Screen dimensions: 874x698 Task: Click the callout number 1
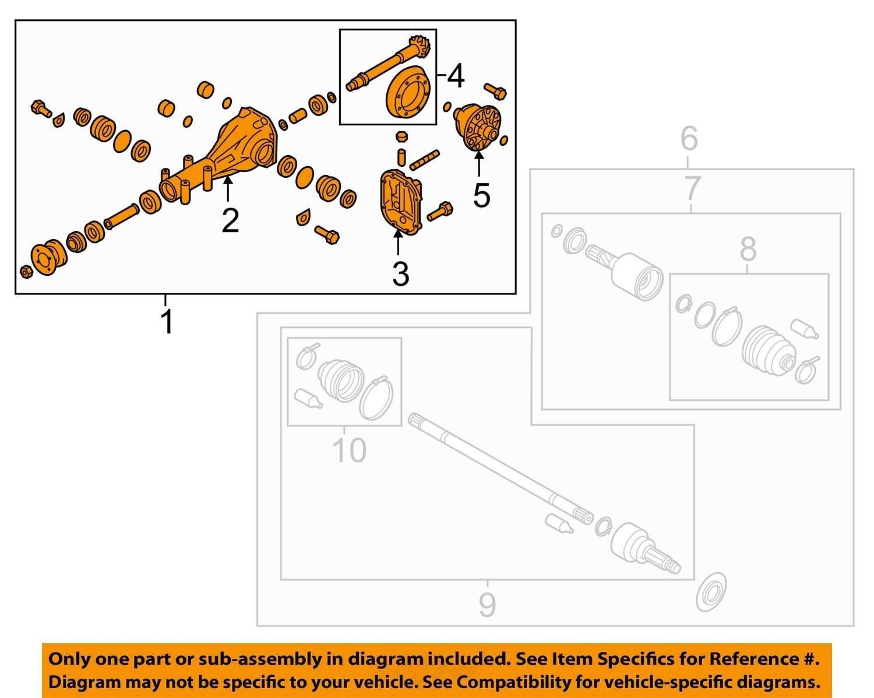click(x=167, y=321)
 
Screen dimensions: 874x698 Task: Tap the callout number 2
click(x=230, y=221)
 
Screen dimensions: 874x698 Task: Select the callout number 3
click(x=400, y=274)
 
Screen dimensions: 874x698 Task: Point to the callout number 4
click(x=456, y=76)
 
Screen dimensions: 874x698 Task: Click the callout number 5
click(x=482, y=195)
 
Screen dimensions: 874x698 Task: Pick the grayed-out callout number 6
click(x=689, y=138)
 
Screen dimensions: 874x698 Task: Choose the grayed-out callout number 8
click(x=748, y=249)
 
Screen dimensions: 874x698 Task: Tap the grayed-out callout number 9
click(x=487, y=605)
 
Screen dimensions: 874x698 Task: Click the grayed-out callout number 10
click(x=349, y=450)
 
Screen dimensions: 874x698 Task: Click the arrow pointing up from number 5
click(x=479, y=163)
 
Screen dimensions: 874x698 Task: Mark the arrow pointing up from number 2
click(x=228, y=189)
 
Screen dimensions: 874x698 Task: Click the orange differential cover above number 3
click(x=401, y=204)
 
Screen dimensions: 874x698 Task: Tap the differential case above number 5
click(x=478, y=127)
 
